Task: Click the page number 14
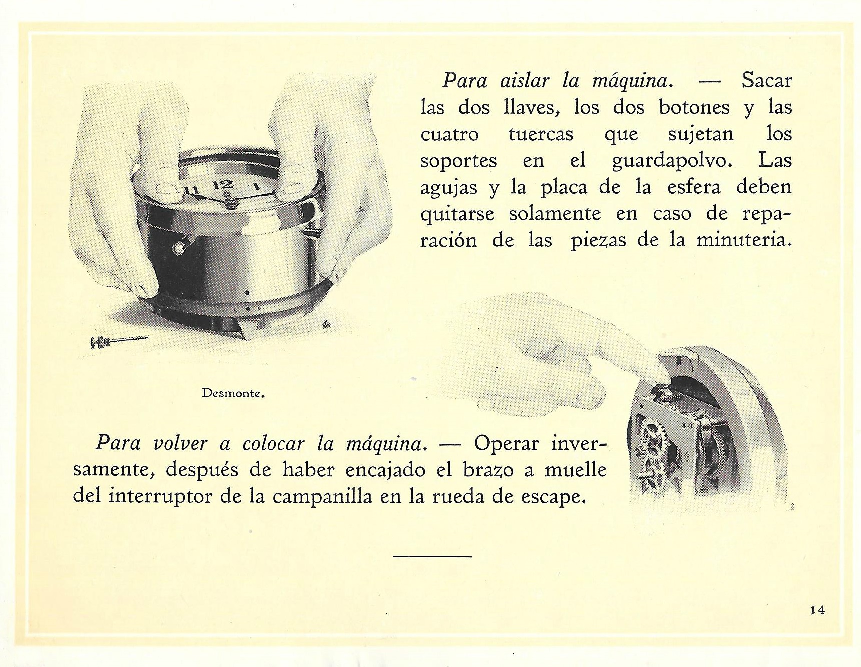[818, 610]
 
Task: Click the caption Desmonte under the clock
[233, 393]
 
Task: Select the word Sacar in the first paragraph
[767, 80]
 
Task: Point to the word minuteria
[744, 240]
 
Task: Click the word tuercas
[540, 134]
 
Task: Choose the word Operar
[506, 443]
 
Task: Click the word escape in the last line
[553, 497]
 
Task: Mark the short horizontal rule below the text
[432, 556]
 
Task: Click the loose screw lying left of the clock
[118, 341]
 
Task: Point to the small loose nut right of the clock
[327, 325]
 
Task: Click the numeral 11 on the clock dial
[191, 190]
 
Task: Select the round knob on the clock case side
[179, 247]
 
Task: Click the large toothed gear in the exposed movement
[652, 435]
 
